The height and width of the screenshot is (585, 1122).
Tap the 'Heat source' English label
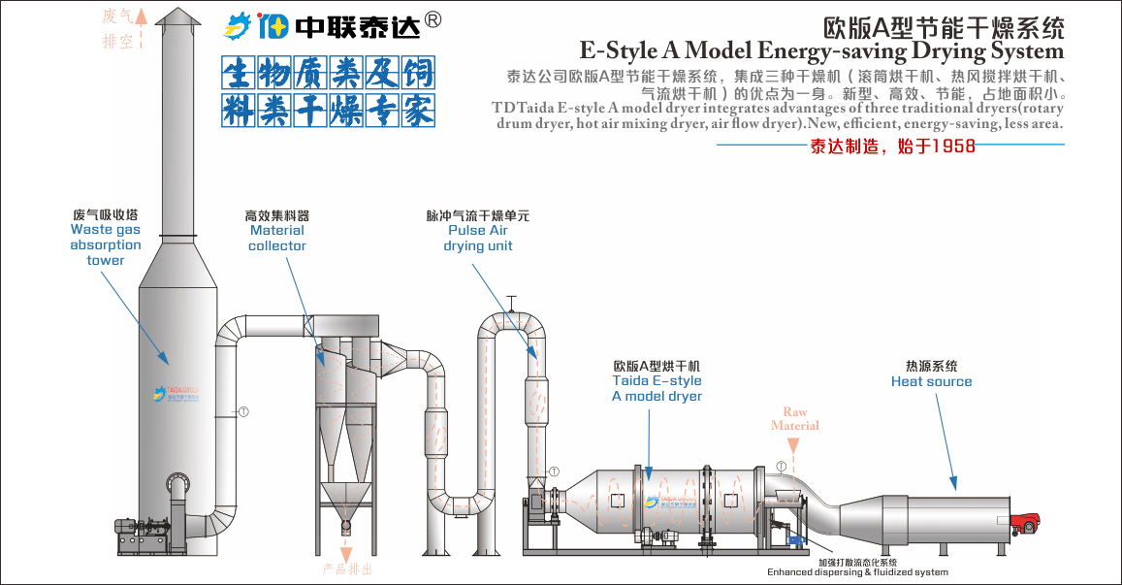[x=931, y=382]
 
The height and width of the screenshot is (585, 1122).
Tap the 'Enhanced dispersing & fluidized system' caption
[x=857, y=572]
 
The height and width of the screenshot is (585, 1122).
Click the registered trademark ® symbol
[x=434, y=19]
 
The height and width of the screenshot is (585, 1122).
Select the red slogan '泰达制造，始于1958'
[x=891, y=146]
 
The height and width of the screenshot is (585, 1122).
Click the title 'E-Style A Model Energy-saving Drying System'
[x=820, y=50]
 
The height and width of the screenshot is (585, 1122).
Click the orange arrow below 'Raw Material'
[x=793, y=447]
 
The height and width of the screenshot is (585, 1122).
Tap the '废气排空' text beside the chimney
[x=117, y=28]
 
